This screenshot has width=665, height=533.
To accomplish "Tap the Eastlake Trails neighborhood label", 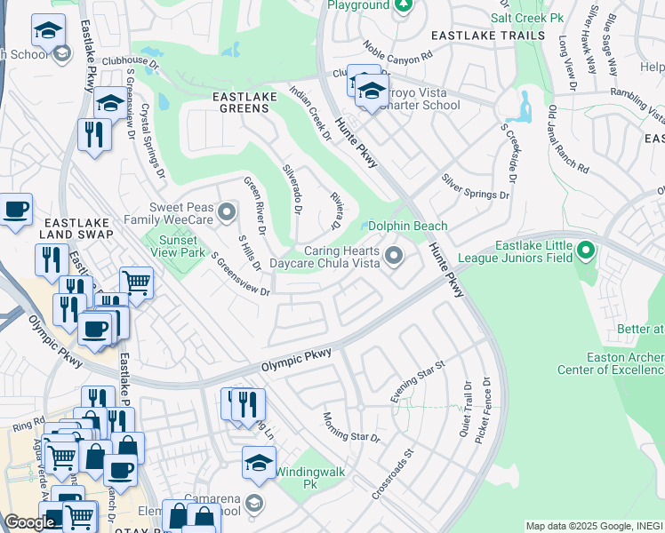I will point(487,35).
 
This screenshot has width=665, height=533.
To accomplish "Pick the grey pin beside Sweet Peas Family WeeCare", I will point(228,211).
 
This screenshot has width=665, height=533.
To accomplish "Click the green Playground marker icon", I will point(403,5).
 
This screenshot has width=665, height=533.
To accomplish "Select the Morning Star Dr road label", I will point(351,427).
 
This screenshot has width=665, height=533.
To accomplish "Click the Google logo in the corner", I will point(28,522).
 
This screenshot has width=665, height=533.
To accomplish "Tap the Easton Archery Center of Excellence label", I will point(610,362).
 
